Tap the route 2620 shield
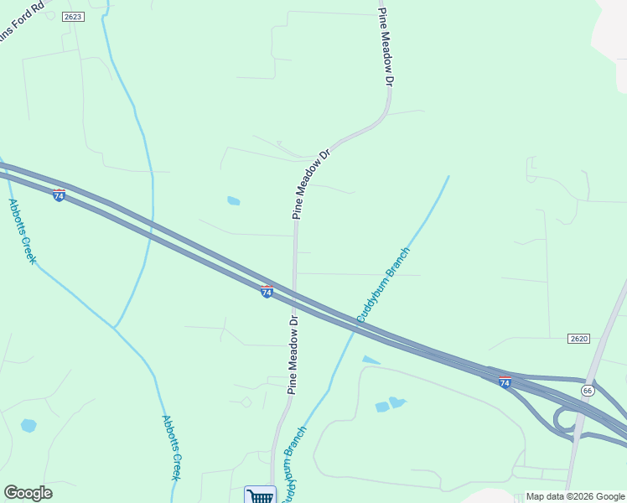[x=578, y=338]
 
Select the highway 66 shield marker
[x=588, y=391]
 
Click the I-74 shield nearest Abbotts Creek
[x=59, y=194]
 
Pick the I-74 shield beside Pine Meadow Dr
[x=267, y=291]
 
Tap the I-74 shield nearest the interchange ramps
[x=505, y=381]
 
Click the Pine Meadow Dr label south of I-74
[x=293, y=355]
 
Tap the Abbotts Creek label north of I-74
[x=23, y=231]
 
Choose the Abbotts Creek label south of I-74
[x=171, y=448]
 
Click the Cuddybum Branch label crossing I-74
[x=383, y=284]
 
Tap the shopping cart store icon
[x=260, y=495]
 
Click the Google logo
[x=28, y=493]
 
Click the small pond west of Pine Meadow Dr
[x=233, y=201]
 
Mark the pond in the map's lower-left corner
[x=28, y=425]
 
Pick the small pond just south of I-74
[x=370, y=360]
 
